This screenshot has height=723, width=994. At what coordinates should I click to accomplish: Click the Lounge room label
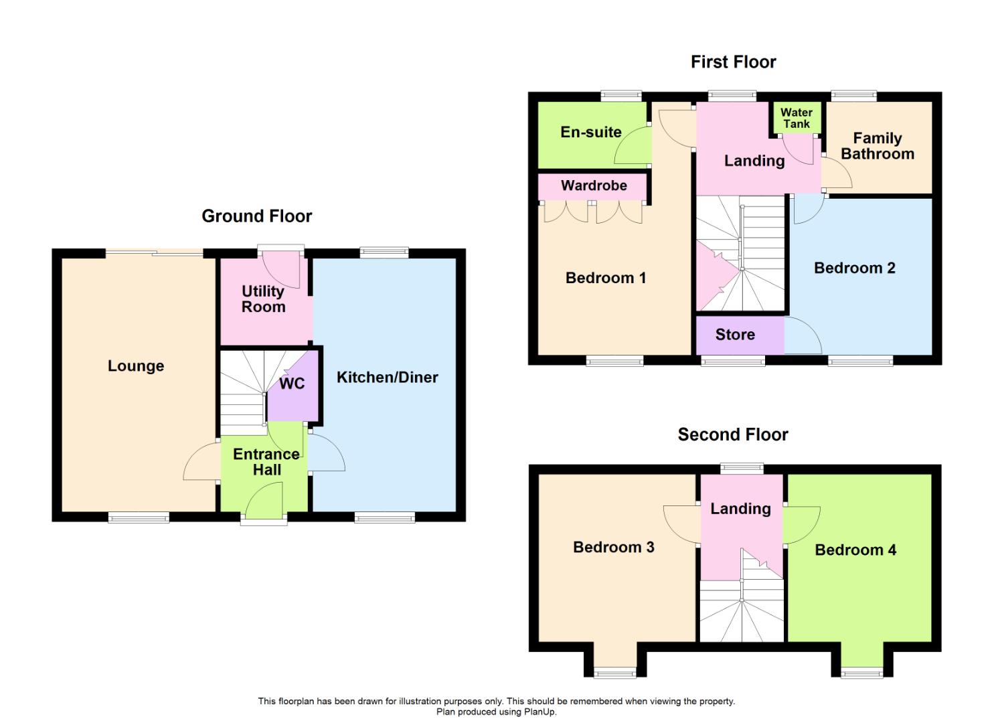[136, 366]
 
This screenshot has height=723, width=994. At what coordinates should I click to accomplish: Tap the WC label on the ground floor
[292, 384]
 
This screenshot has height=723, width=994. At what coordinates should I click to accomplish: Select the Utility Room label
[263, 299]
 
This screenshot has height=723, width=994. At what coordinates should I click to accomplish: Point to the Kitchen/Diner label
[387, 377]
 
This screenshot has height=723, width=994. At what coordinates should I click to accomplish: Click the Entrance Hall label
[266, 462]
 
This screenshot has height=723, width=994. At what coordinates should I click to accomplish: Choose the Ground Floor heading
[256, 216]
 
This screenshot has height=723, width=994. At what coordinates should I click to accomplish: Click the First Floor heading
[733, 62]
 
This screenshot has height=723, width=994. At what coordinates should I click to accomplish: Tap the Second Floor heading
[733, 434]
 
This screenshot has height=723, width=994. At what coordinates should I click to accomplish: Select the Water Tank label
[797, 118]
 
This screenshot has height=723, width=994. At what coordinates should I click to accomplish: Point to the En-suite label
[591, 132]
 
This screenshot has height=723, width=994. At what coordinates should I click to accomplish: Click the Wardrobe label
[594, 185]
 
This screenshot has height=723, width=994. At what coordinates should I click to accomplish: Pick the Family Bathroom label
[877, 146]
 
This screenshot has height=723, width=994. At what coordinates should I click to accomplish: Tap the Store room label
[735, 335]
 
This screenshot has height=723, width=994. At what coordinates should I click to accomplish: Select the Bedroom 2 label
[854, 268]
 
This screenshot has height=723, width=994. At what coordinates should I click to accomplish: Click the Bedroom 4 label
[855, 550]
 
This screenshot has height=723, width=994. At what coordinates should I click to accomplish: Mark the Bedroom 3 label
[613, 547]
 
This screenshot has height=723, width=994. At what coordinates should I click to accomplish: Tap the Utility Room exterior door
[281, 266]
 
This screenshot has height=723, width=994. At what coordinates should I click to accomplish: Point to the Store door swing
[803, 336]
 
